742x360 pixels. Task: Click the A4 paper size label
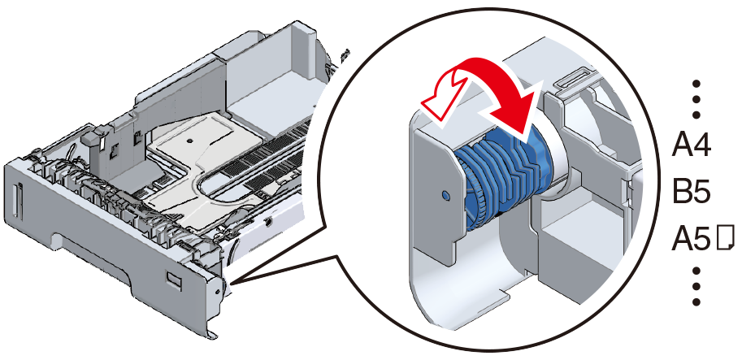[691, 145]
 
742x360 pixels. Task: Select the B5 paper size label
[692, 192]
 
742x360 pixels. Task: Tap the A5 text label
[691, 238]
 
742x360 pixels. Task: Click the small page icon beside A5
[725, 237]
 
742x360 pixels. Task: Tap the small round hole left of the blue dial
[445, 195]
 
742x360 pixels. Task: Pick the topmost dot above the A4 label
[696, 84]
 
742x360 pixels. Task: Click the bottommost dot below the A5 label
[696, 301]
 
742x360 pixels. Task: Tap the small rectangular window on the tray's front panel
[173, 280]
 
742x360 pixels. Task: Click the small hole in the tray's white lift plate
[189, 141]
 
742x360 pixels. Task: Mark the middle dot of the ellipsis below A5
[696, 286]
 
